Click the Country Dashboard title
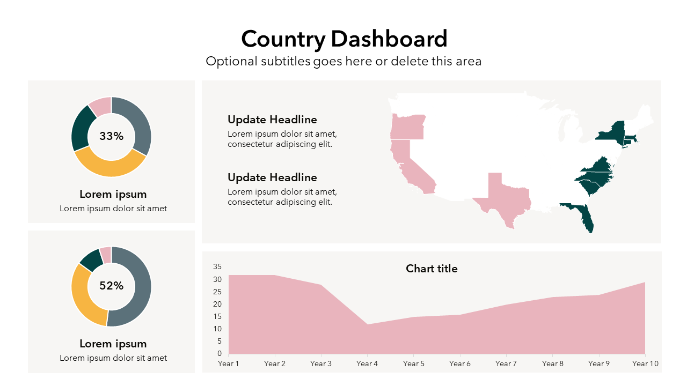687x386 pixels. (344, 39)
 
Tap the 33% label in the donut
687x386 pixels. (111, 136)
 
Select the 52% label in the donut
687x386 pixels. (111, 286)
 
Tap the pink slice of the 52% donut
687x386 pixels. (106, 254)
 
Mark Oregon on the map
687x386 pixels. (407, 127)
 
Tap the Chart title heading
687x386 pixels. (432, 269)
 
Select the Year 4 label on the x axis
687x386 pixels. (367, 363)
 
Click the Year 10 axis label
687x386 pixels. (645, 363)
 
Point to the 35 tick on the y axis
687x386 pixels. (217, 266)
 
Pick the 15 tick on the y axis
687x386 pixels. (217, 316)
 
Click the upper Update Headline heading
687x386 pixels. (272, 120)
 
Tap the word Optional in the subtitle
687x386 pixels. (228, 61)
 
